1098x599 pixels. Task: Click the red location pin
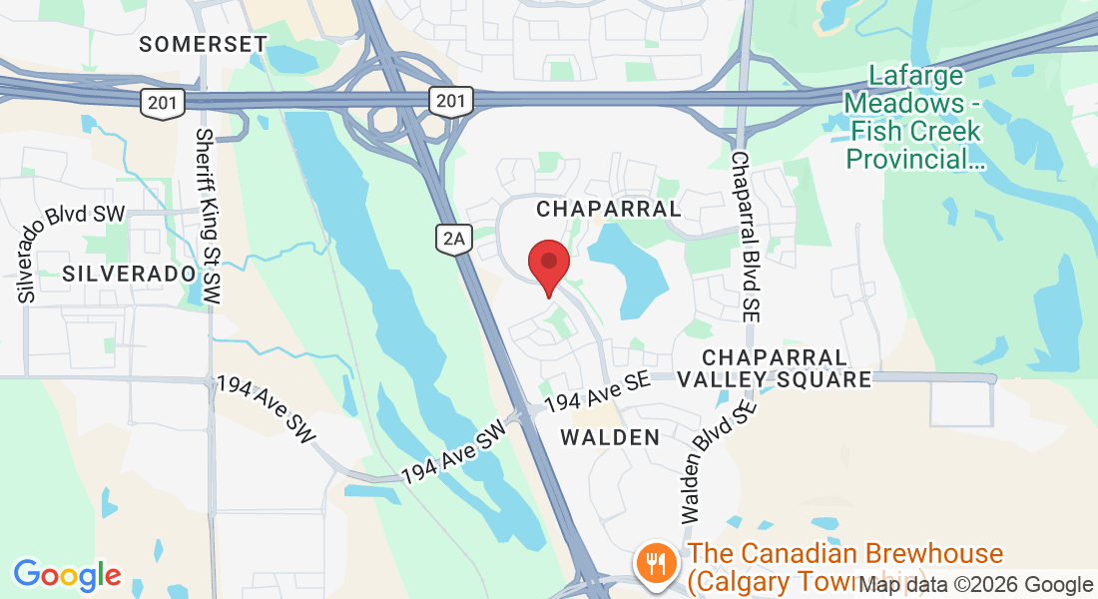click(x=548, y=262)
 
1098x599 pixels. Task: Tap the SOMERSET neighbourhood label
click(x=204, y=44)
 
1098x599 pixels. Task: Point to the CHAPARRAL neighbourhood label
click(x=609, y=209)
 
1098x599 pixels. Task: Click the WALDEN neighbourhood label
click(x=610, y=437)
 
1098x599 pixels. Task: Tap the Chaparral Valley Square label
click(x=775, y=368)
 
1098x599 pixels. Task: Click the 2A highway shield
click(x=453, y=237)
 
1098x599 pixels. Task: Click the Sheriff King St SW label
click(x=209, y=217)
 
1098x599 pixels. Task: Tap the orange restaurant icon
click(x=655, y=562)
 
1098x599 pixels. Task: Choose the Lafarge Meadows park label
click(x=915, y=117)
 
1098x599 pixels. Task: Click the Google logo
click(x=67, y=574)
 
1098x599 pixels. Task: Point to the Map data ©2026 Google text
click(x=976, y=585)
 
